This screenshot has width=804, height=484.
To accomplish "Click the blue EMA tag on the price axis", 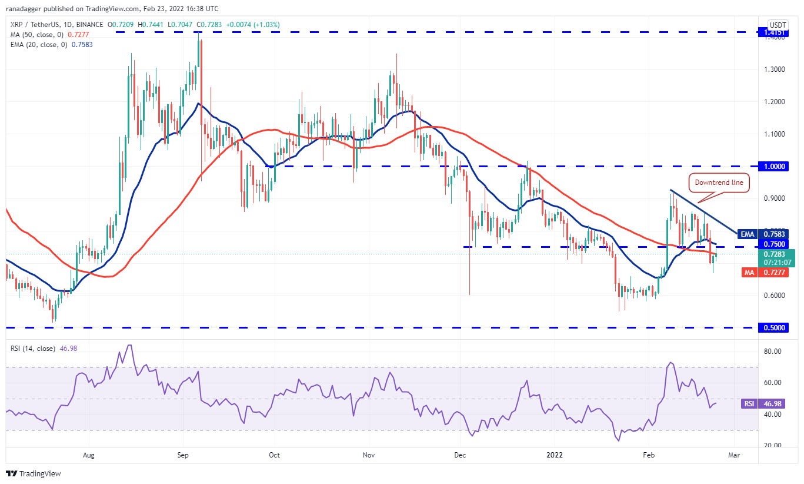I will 747,234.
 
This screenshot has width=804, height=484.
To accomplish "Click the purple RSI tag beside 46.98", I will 747,405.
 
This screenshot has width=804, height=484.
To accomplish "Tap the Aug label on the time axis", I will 89,455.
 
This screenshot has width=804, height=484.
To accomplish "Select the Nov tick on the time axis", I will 369,455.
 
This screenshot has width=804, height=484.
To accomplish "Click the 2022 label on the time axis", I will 555,455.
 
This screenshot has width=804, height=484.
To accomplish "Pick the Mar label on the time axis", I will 733,455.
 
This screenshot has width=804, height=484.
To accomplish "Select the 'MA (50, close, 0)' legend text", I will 36,35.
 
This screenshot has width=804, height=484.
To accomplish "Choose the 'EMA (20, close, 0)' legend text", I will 39,44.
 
